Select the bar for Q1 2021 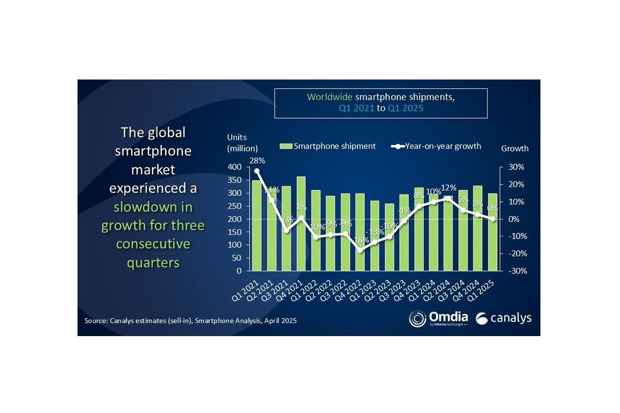[256, 225]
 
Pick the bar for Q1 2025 [493, 232]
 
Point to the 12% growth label [450, 187]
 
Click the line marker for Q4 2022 [361, 250]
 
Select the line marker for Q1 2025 [493, 219]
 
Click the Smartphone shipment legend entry [328, 146]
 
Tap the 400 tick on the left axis [235, 167]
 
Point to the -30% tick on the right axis [516, 271]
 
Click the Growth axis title [515, 149]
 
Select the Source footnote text [191, 321]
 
